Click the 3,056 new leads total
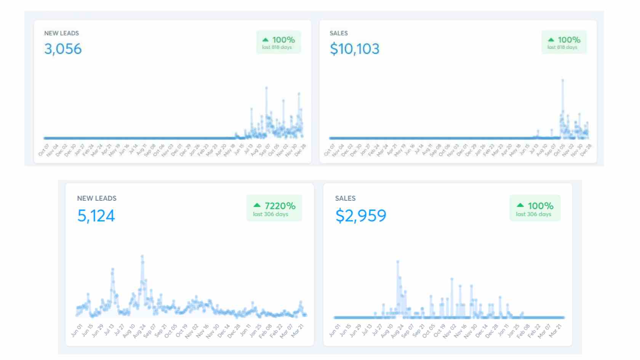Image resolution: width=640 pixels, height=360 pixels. coord(63,49)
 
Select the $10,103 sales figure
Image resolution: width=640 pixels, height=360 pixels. coord(354,49)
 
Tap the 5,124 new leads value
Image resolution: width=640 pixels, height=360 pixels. coord(96,216)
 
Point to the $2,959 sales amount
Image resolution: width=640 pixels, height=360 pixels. coord(360,216)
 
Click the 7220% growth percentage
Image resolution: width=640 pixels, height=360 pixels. coord(280,206)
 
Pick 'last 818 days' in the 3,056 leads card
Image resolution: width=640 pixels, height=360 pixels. coord(277,47)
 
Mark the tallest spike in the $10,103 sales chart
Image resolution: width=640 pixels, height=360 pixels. coord(562,80)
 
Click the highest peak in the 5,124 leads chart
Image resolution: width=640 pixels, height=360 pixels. coord(142,256)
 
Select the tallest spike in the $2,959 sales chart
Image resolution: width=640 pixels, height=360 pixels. coord(398,262)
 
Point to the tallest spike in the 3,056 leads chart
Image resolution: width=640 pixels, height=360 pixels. coord(266,88)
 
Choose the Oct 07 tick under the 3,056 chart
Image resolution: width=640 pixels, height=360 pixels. coord(43,150)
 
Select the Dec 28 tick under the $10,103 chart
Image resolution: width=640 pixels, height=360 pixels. coord(586,150)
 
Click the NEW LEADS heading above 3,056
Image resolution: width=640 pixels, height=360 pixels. coord(61,33)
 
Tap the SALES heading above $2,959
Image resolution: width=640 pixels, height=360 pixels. coord(345,198)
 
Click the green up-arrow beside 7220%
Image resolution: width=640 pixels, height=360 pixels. coord(257,205)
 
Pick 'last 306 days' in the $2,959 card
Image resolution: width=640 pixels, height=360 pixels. coord(533,214)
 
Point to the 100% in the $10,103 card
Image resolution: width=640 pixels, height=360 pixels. coord(569,40)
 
